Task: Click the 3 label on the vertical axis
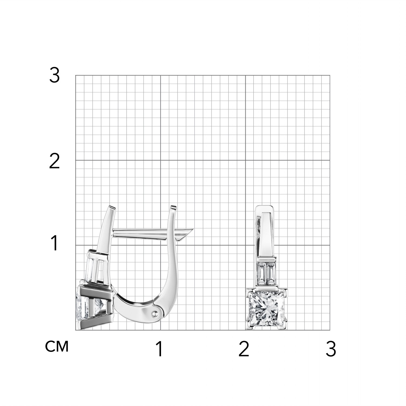54,76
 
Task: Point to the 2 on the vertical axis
54,161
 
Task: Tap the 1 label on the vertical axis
55,243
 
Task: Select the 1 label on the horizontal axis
160,349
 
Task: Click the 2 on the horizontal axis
244,349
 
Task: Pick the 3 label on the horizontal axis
331,349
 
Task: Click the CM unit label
57,346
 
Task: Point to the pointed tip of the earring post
192,229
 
